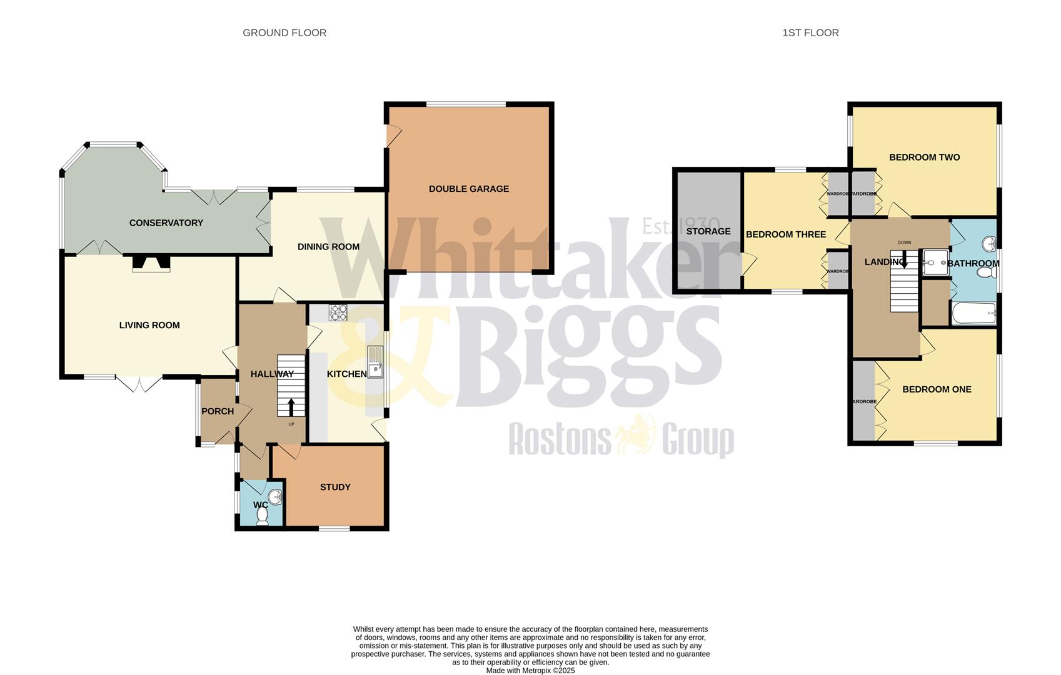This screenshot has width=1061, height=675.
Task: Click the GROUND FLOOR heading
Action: click(x=284, y=32)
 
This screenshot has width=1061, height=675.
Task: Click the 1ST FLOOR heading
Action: click(x=810, y=32)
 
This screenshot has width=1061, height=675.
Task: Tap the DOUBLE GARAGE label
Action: click(x=469, y=189)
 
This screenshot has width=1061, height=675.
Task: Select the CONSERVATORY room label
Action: click(x=166, y=223)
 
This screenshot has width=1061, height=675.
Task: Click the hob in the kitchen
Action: click(x=338, y=312)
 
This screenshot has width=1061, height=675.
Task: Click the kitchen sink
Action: click(x=375, y=362)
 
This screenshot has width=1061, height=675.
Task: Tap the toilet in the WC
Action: click(x=263, y=516)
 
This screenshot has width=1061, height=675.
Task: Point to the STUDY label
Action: click(x=335, y=487)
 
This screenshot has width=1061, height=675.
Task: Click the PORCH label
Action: click(x=218, y=411)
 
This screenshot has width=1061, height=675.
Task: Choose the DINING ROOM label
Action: click(x=328, y=247)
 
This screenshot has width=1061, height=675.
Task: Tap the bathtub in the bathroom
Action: click(x=973, y=313)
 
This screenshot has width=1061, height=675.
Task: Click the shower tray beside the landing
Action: click(x=935, y=262)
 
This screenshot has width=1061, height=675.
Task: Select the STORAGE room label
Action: click(x=708, y=231)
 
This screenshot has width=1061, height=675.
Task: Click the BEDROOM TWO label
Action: click(x=924, y=157)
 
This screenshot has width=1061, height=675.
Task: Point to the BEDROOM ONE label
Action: click(x=937, y=389)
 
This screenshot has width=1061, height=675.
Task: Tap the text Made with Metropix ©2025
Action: click(x=530, y=671)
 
